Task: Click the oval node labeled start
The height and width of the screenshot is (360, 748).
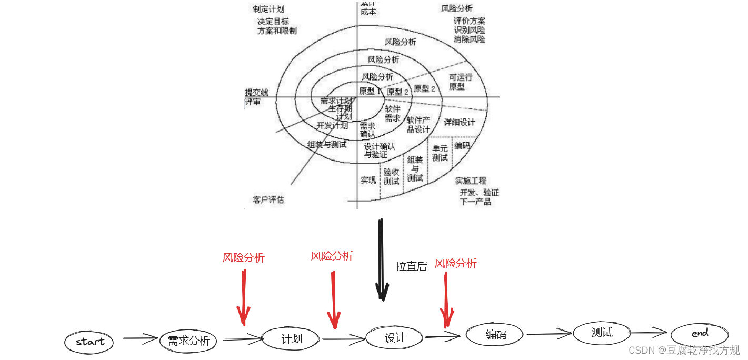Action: (89, 342)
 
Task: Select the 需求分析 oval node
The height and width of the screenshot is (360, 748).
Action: (188, 341)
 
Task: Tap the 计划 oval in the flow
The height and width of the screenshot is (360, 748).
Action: (291, 338)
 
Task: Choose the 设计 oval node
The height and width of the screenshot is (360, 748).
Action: (394, 337)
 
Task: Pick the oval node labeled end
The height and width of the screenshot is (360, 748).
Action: (700, 334)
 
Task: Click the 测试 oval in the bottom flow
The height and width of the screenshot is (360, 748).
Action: (602, 332)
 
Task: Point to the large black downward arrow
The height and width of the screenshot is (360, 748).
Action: (382, 261)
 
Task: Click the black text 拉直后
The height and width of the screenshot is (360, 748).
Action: (411, 266)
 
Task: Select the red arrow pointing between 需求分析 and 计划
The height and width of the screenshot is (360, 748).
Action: (243, 297)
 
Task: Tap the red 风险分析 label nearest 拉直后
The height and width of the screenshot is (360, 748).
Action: (455, 264)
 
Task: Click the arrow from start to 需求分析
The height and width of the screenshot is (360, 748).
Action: (140, 338)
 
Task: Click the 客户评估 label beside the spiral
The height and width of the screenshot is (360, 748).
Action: (268, 200)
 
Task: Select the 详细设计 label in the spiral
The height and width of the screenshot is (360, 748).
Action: (459, 122)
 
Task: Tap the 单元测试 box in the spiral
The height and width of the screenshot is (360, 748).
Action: (440, 153)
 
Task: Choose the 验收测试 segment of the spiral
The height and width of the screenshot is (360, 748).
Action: (391, 177)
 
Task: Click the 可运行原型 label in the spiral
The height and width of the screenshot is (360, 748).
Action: (460, 82)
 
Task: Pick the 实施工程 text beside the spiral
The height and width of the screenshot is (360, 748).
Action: (471, 181)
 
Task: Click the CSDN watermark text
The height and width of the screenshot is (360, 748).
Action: (684, 350)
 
